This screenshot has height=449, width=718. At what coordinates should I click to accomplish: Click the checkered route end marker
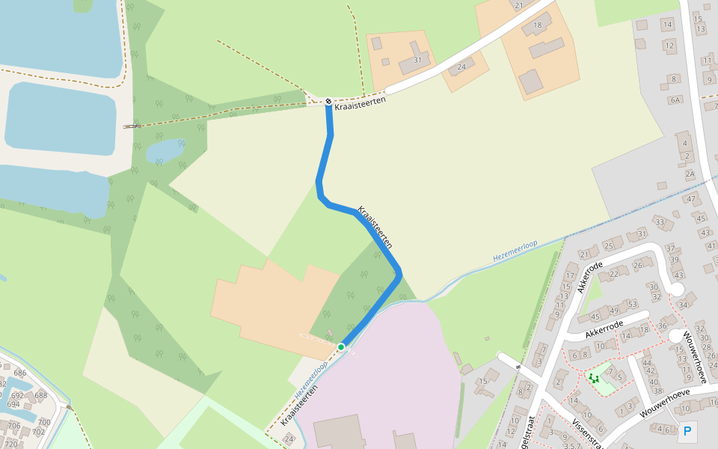click(328, 101)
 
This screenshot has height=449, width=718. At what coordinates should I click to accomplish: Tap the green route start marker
click(341, 347)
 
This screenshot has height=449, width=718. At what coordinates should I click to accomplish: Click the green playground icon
click(594, 378)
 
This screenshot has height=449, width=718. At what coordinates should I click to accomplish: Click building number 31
click(417, 60)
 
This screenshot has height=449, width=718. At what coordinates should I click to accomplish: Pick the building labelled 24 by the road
click(461, 67)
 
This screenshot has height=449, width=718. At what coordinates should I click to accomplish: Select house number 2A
click(690, 174)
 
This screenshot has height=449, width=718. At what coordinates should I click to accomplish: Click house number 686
click(19, 373)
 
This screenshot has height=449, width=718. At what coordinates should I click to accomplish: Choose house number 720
click(10, 444)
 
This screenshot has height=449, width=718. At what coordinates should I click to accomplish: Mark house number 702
click(38, 432)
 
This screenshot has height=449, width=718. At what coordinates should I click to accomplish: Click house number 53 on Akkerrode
click(632, 304)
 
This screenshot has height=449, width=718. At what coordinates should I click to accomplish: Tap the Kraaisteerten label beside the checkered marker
click(360, 103)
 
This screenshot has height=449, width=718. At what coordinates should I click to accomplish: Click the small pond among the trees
click(165, 151)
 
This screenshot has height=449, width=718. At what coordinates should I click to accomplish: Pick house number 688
click(40, 395)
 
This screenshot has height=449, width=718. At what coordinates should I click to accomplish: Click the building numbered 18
click(537, 26)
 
